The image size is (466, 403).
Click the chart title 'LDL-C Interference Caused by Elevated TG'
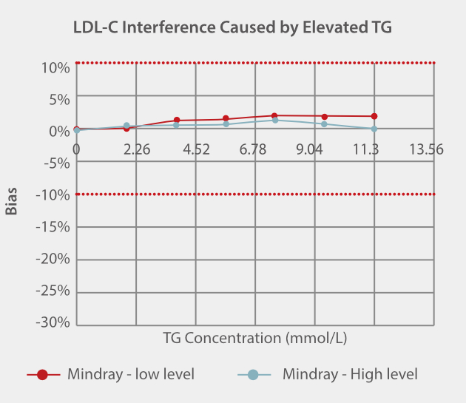232,28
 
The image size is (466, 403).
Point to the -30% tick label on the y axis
52,322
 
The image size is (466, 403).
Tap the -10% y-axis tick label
52,195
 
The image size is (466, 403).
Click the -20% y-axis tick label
52,259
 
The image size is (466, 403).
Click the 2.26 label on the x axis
137,149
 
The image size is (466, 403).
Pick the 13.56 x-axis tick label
426,149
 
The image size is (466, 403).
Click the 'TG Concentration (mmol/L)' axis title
255,338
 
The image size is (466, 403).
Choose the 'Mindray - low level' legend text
131,374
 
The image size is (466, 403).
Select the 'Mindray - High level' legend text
350,374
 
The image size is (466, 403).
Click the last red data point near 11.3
374,116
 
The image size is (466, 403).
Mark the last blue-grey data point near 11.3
374,129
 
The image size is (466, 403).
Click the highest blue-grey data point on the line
274,120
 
